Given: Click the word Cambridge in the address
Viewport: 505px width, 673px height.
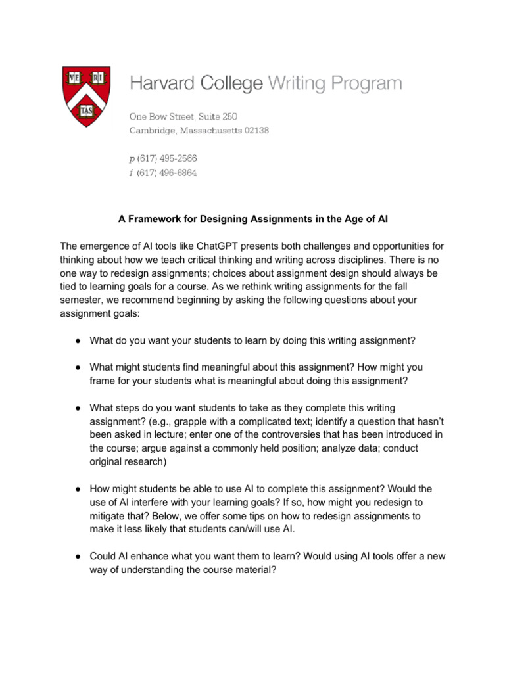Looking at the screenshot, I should point(155,131).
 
